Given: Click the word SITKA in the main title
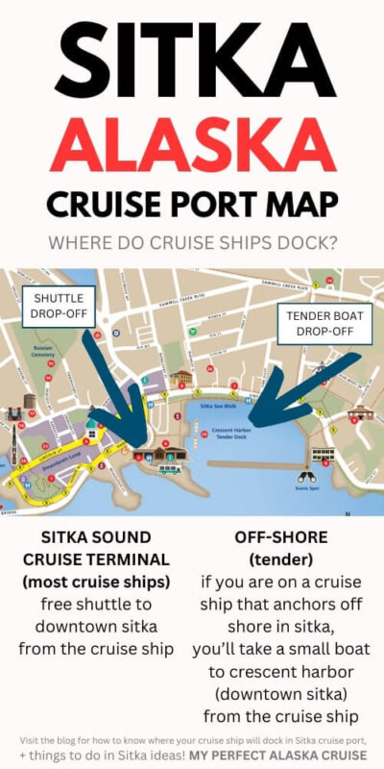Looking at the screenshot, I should (192, 58).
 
